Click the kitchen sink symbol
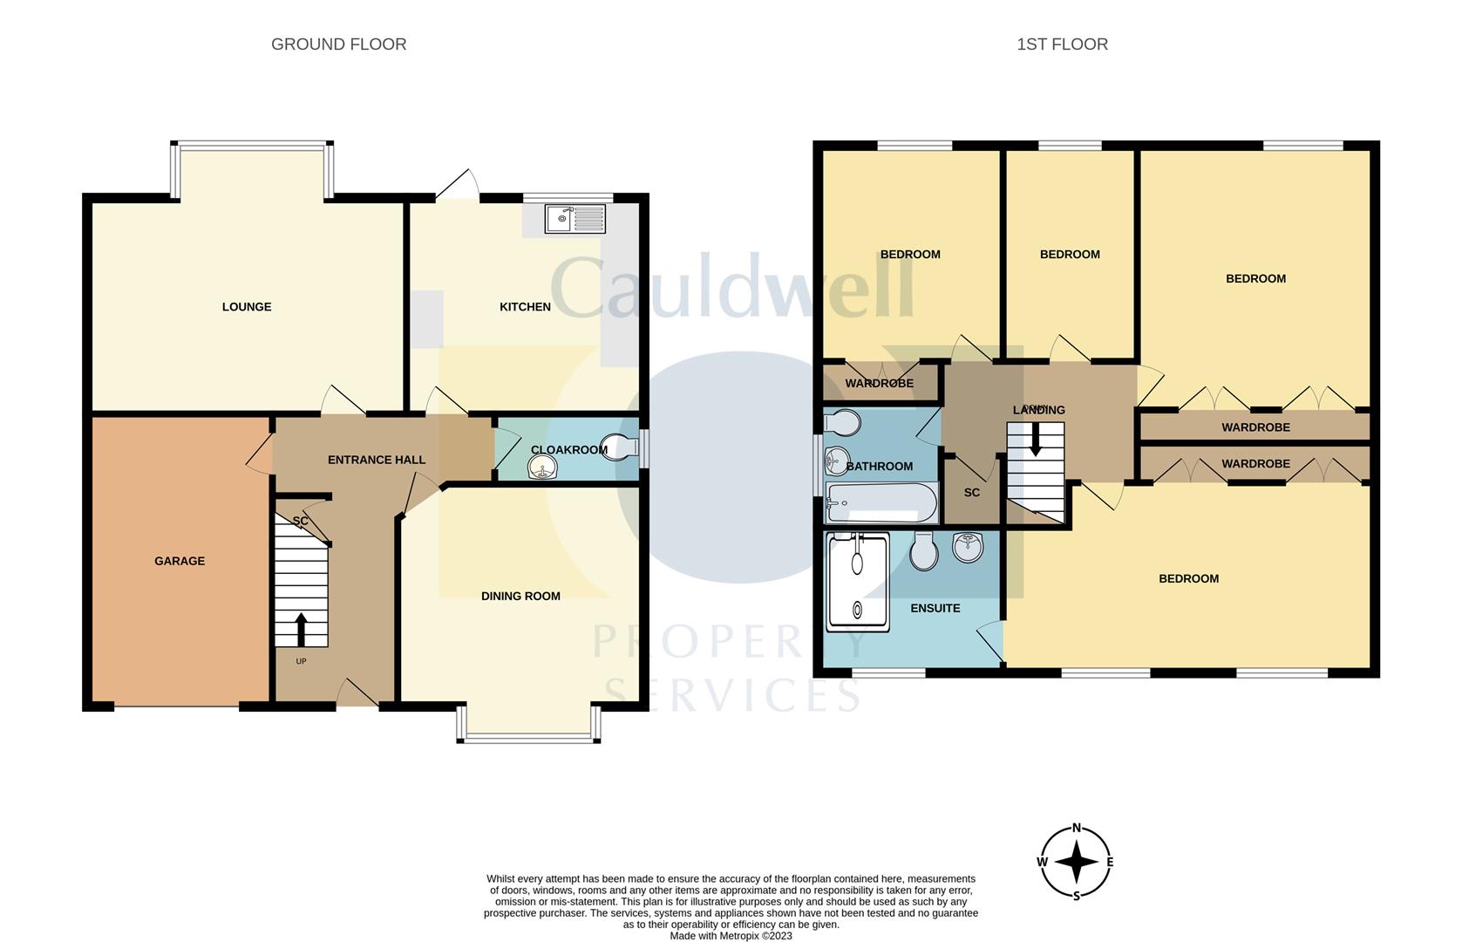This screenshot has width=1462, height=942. point(575,218)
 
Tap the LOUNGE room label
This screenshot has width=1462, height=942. point(247,307)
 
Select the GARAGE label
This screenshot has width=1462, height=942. point(180,561)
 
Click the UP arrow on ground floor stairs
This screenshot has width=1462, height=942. point(302,628)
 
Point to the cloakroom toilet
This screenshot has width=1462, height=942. point(624,447)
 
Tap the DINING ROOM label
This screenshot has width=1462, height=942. point(520,597)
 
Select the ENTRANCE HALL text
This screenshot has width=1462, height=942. point(377,460)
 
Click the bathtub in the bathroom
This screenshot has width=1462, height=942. point(881,503)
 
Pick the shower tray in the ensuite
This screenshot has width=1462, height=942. point(858,582)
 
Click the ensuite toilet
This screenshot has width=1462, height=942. point(923,551)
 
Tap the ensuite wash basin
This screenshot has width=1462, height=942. point(969,547)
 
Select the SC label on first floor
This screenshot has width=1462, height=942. point(972,493)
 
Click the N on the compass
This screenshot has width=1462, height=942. point(1077,829)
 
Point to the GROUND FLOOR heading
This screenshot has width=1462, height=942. point(338,44)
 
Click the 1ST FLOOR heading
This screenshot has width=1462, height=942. point(1062,44)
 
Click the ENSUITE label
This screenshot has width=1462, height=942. point(935,609)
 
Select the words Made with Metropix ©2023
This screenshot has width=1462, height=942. point(731,936)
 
